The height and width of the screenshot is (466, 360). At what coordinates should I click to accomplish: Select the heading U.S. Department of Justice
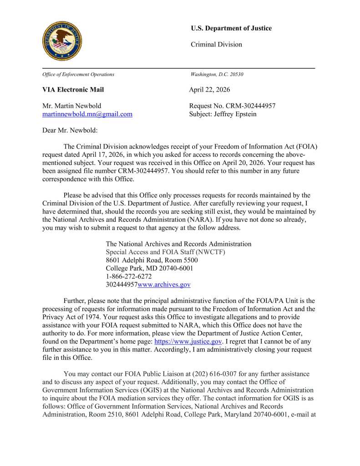click(231, 28)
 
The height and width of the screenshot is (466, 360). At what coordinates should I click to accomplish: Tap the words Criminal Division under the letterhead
click(216, 44)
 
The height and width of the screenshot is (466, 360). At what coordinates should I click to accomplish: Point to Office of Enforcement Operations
click(78, 74)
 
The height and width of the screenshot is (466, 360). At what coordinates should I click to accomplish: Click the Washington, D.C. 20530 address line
click(217, 74)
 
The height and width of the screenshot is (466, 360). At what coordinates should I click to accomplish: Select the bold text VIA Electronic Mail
click(73, 90)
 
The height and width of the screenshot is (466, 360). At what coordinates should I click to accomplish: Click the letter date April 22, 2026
click(209, 90)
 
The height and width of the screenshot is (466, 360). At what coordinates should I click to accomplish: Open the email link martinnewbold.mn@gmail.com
click(87, 114)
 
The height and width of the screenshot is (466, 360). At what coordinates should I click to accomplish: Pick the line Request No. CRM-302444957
click(232, 106)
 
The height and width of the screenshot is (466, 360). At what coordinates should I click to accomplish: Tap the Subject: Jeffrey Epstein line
click(223, 114)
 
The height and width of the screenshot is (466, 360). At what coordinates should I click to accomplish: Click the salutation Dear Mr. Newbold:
click(70, 130)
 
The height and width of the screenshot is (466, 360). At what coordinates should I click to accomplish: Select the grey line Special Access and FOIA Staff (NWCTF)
click(166, 252)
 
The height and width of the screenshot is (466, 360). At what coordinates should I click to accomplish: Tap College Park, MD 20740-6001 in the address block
click(149, 268)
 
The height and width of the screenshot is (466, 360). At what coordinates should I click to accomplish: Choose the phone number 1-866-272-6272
click(129, 277)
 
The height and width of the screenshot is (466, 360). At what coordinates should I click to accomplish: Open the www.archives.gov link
click(164, 285)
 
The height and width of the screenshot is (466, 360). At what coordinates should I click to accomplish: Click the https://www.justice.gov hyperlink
click(188, 341)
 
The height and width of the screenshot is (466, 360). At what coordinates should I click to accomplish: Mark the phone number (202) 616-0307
click(218, 374)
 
